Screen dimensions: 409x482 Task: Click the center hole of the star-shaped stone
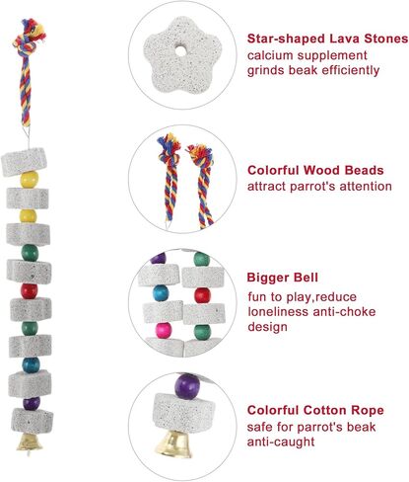(x=180, y=51)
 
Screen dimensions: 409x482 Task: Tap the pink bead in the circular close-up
(x=164, y=330)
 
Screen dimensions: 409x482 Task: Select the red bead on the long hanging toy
(x=30, y=291)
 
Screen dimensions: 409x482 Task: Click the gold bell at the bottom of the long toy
(x=30, y=442)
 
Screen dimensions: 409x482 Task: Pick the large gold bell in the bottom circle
(x=173, y=443)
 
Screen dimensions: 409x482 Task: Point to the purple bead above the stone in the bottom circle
(x=187, y=386)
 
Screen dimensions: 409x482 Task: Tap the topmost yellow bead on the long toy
(x=30, y=180)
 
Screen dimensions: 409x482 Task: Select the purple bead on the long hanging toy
(x=32, y=403)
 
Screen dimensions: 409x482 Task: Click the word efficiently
(x=351, y=70)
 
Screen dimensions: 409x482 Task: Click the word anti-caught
(x=281, y=442)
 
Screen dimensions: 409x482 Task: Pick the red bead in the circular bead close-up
(x=202, y=295)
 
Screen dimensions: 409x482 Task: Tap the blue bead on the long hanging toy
(x=31, y=364)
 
